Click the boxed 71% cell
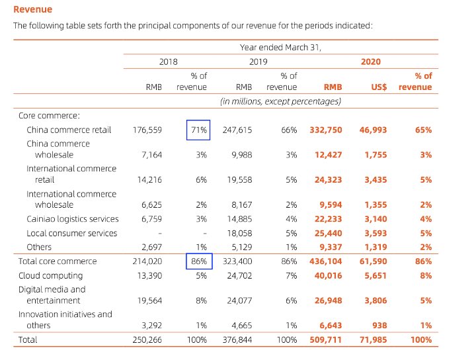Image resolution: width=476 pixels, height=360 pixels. point(197,130)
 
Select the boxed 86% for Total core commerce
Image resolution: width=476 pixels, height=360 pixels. point(197,261)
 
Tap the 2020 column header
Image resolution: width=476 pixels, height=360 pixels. point(371,62)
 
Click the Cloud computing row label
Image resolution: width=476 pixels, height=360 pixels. point(51,275)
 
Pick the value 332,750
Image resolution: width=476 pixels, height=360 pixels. point(326,130)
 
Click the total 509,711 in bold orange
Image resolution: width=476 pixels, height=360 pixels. point(326,340)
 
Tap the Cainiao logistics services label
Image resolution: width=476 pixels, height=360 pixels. point(73,219)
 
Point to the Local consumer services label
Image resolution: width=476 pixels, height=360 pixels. point(72,233)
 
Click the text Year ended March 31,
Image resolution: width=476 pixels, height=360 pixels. point(285,47)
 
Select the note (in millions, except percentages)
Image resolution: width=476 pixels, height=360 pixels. point(280,101)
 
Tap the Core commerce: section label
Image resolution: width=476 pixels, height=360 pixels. point(49,115)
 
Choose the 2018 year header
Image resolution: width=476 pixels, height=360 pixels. point(169,62)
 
